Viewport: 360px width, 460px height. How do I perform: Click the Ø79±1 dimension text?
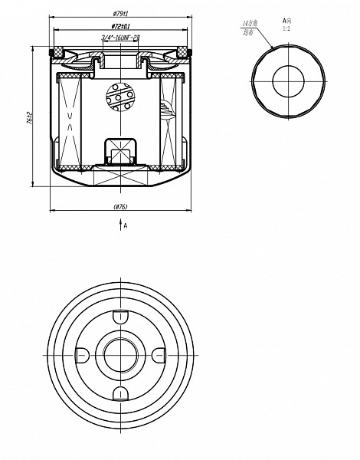(x=119, y=15)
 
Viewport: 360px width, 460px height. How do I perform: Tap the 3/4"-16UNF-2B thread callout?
(x=119, y=38)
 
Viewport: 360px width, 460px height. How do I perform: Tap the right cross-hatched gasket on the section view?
(x=182, y=52)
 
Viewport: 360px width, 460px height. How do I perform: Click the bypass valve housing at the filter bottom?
(x=119, y=149)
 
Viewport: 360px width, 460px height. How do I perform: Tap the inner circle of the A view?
(x=288, y=80)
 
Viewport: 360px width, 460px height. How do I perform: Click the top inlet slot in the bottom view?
(x=119, y=315)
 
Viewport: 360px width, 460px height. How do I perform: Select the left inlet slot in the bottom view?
(x=81, y=353)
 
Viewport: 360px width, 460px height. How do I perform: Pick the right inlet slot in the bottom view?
(x=158, y=353)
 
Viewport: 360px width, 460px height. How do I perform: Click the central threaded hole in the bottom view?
(x=119, y=353)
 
